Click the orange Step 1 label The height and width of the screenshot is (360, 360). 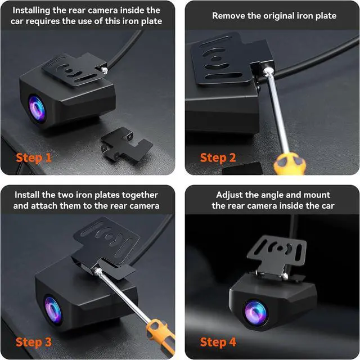[34, 157]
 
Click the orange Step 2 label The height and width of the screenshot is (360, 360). [218, 157]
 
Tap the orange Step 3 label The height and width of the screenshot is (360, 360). [34, 341]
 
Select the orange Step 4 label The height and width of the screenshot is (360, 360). [218, 341]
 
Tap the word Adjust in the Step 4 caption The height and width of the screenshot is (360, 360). [231, 195]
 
